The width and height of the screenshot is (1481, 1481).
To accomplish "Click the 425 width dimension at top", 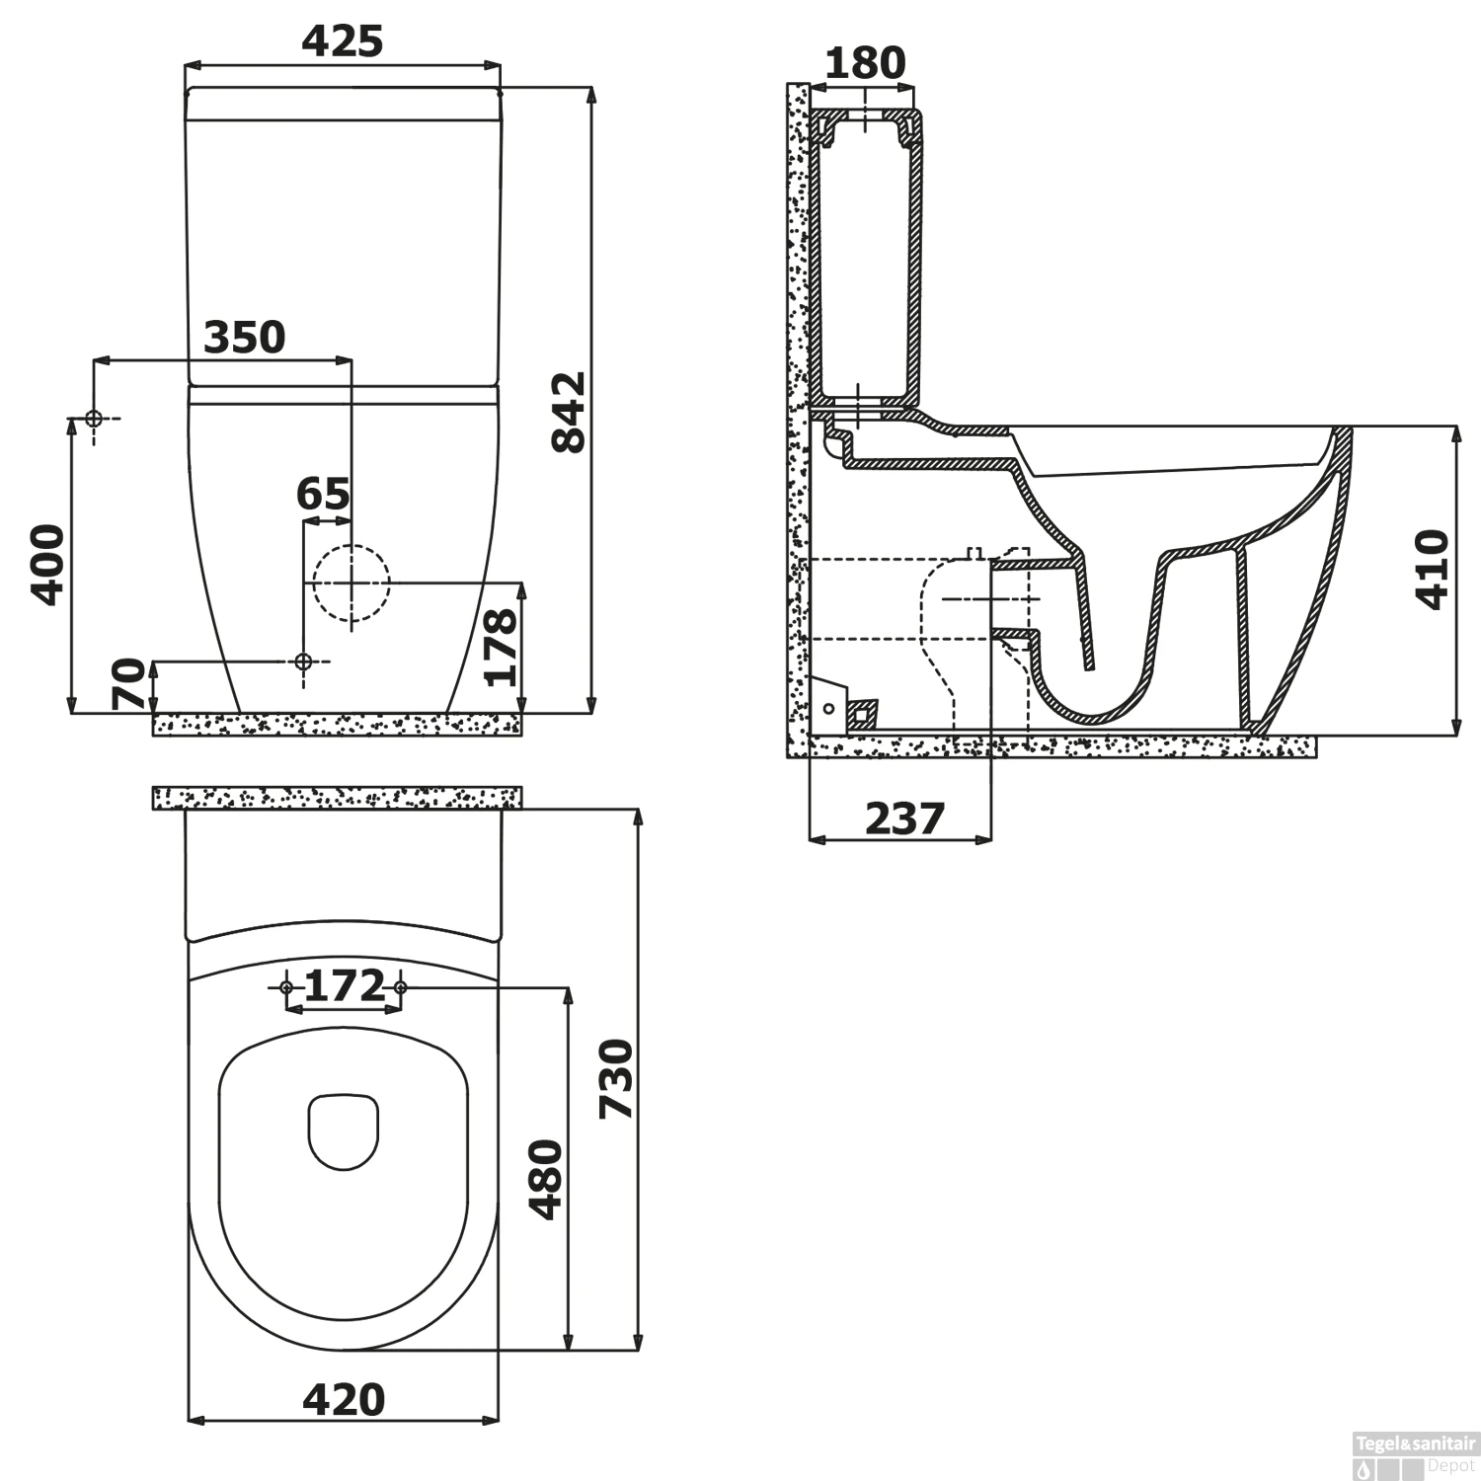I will tap(342, 41).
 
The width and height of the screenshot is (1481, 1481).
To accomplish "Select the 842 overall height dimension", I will tap(569, 412).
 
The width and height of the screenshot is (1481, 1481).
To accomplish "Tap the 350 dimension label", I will tap(244, 338).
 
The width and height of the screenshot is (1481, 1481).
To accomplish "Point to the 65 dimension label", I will tap(323, 494).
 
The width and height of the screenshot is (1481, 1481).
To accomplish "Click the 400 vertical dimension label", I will tap(47, 564).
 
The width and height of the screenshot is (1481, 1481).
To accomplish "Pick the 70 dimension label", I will tap(129, 684).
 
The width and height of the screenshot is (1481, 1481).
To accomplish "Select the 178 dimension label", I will tap(501, 647).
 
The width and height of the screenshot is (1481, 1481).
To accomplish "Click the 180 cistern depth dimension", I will tap(864, 63).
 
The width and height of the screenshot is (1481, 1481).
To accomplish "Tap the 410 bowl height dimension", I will tap(1432, 570).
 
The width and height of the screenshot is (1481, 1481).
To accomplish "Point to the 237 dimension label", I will tap(904, 818).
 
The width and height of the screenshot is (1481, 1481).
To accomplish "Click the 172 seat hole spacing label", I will tap(344, 985).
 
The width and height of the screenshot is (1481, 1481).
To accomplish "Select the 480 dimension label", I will tap(546, 1180).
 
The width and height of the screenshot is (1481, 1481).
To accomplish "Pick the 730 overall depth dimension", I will tap(616, 1078).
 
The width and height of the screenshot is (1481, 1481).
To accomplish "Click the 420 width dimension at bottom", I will tap(344, 1399).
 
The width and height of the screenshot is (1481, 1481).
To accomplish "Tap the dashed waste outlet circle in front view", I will tap(351, 583).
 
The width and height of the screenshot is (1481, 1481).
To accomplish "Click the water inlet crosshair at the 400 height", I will tap(94, 419).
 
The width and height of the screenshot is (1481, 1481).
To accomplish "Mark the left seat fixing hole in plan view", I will tap(286, 987).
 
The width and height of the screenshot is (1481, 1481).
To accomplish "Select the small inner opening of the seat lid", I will tap(344, 1130).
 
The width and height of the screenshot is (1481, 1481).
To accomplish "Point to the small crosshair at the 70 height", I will tap(303, 661).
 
